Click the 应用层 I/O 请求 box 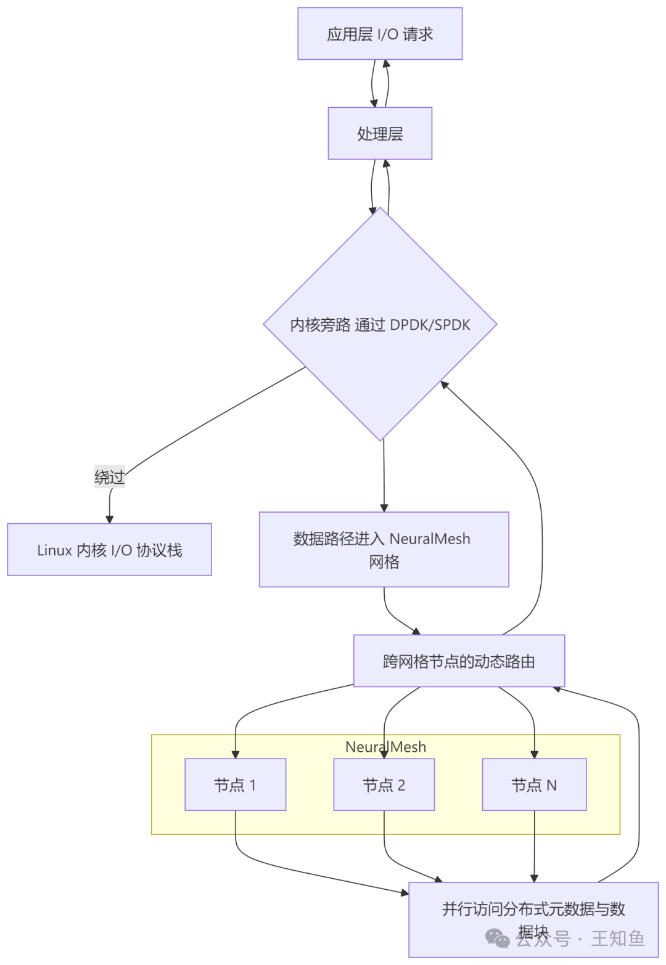380,34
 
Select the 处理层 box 380,134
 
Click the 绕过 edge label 110,477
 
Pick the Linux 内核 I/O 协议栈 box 109,550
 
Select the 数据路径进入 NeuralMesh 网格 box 384,550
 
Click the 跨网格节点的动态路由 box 459,661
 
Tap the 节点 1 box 235,784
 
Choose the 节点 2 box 384,784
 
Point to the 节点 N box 534,784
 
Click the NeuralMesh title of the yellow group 385,747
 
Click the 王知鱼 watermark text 617,939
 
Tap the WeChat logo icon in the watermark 498,939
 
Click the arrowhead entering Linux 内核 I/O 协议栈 110,518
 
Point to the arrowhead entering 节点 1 235,754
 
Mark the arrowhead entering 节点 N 534,754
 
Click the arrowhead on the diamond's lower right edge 444,386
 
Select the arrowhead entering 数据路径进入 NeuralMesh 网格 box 384,507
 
